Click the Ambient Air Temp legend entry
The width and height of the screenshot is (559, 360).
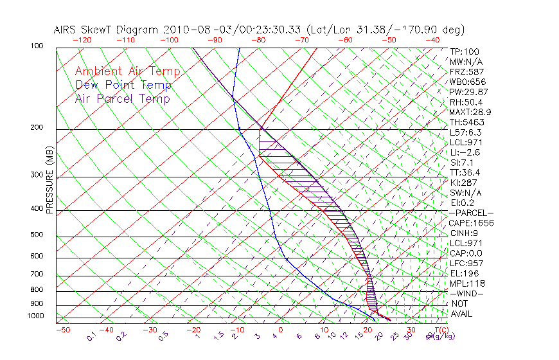coord(127,71)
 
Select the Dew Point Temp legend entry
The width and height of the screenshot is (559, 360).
coord(123,85)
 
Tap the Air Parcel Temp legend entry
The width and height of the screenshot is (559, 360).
coord(122,98)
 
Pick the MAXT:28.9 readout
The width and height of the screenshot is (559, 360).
coord(470,112)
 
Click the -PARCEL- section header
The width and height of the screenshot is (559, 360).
coord(471,213)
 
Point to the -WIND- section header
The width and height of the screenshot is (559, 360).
coord(466,293)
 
